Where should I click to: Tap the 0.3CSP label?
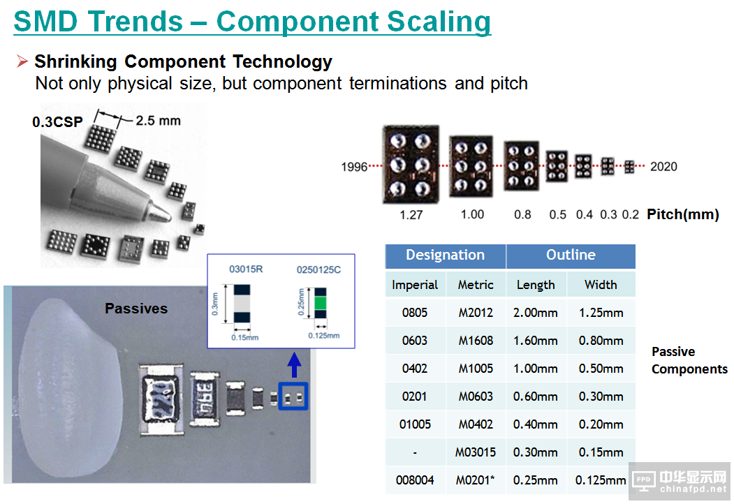coord(57,121)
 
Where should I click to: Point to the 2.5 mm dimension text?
coord(159,120)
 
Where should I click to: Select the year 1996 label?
coord(354,167)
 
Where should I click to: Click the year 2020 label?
coord(663,166)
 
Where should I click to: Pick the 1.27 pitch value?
coord(411,215)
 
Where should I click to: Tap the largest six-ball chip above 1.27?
coord(411,164)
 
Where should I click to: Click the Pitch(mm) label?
coord(682,214)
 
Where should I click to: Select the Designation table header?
coord(445,255)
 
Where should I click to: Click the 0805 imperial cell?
coord(415,313)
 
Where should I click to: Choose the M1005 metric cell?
coord(476,369)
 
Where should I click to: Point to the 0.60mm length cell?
coord(536,396)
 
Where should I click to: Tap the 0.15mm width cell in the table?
coord(601,452)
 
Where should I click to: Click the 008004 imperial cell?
coord(415,480)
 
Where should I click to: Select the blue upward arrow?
coord(294,365)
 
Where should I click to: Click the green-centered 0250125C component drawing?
coord(320,303)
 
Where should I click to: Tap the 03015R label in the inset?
coord(246,269)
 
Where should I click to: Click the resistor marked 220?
coord(161,400)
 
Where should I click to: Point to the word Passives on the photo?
coord(136,309)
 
